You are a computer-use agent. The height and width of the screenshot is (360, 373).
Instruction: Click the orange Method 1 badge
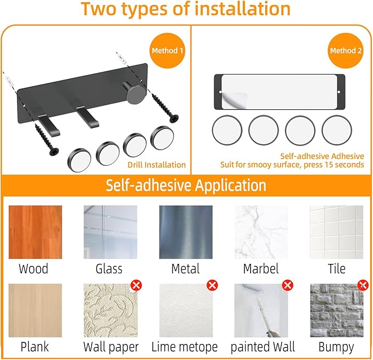pos(167,50)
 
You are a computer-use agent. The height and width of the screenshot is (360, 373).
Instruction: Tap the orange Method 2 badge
pos(346,50)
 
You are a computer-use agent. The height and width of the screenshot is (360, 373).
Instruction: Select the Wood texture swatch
pos(35,232)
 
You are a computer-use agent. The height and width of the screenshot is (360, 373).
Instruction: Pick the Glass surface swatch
pos(110,232)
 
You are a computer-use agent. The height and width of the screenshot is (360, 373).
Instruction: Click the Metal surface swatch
pos(186,232)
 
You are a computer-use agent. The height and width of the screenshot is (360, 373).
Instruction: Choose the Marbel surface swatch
pos(261,232)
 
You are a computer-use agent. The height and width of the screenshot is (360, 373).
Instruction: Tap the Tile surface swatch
pos(337,232)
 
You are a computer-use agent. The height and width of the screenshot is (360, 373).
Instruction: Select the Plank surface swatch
pos(35,311)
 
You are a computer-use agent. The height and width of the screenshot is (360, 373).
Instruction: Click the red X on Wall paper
pos(136,285)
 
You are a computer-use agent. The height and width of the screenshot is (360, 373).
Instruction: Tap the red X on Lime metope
pos(212,285)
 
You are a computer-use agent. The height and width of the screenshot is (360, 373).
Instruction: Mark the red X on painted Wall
pos(287,285)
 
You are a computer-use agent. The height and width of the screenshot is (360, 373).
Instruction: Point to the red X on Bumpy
pos(363,285)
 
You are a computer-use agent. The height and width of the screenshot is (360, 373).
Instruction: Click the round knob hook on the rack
pos(135,94)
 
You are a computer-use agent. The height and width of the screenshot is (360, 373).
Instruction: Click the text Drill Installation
pos(157,165)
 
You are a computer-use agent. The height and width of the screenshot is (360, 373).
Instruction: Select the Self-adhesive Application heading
pos(186,185)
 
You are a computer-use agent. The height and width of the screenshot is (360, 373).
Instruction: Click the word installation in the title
pos(242,9)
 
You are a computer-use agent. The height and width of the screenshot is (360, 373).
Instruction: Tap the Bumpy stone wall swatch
pos(337,311)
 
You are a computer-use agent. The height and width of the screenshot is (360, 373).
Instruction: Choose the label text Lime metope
pos(185,347)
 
